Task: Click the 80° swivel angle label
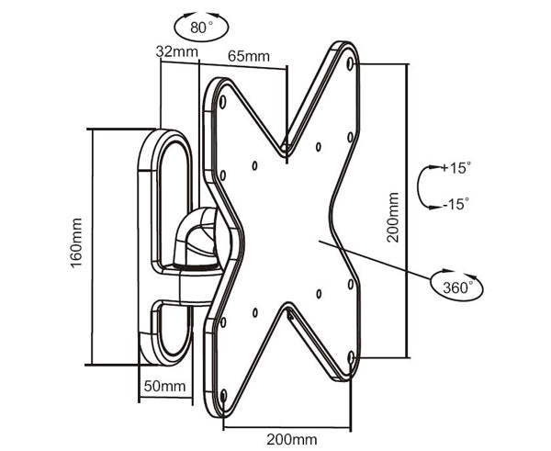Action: [x=200, y=27]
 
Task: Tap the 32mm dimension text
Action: [x=176, y=51]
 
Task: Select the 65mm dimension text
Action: [x=249, y=56]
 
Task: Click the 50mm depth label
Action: [x=163, y=387]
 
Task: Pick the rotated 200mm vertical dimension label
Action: [x=393, y=217]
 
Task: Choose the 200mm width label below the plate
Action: [x=286, y=439]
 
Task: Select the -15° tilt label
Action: [x=454, y=204]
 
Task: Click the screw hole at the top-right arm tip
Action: [x=354, y=65]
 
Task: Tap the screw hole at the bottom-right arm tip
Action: [x=350, y=356]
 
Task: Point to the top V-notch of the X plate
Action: [x=286, y=147]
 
